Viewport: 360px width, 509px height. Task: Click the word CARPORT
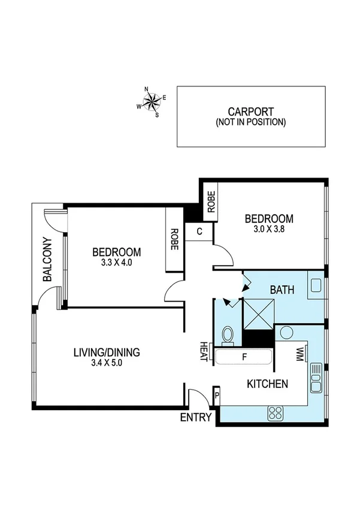(x=250, y=112)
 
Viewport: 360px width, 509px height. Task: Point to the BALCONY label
(x=47, y=260)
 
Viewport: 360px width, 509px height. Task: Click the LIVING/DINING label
(x=107, y=353)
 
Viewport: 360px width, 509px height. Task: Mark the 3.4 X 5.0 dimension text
(x=107, y=363)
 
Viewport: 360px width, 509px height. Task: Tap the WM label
(x=300, y=355)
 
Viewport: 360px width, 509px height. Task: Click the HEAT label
(x=204, y=351)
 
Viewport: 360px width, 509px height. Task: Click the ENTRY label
(x=196, y=418)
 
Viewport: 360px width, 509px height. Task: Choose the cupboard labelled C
(x=198, y=231)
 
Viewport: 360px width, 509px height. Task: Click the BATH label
(x=282, y=290)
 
